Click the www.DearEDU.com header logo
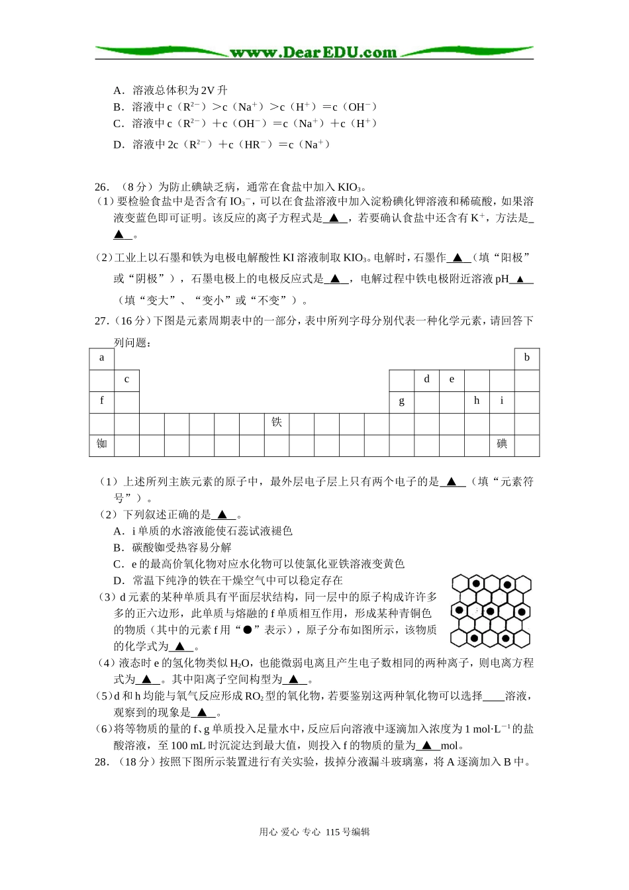tap(313, 52)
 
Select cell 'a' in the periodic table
tap(101, 358)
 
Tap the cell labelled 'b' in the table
tap(527, 358)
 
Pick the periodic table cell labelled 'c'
tap(126, 380)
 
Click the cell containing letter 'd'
tap(426, 379)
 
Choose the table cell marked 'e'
tap(452, 379)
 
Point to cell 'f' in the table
tap(101, 401)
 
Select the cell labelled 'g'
tap(401, 401)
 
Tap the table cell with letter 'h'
tap(477, 401)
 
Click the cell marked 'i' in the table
tap(502, 401)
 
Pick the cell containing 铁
tap(277, 422)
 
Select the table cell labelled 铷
tap(101, 444)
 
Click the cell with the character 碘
tap(502, 444)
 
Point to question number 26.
tap(101, 187)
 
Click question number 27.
tap(101, 321)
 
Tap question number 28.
tap(101, 762)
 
